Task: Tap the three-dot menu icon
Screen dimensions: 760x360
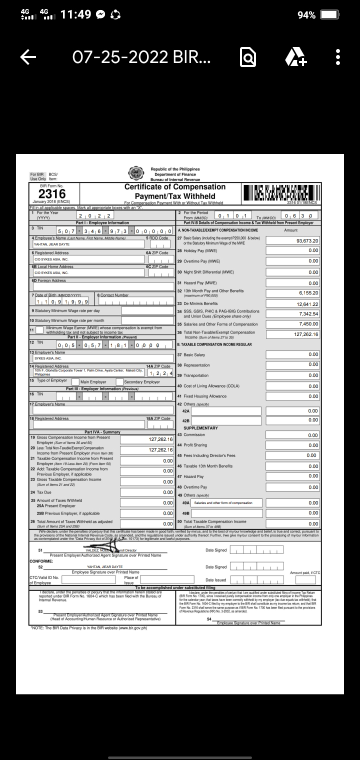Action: point(338,58)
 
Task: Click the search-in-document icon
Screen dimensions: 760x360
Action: point(248,58)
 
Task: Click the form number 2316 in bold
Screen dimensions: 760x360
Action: point(52,194)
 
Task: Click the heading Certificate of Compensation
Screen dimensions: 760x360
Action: point(175,187)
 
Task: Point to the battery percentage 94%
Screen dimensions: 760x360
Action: point(306,15)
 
